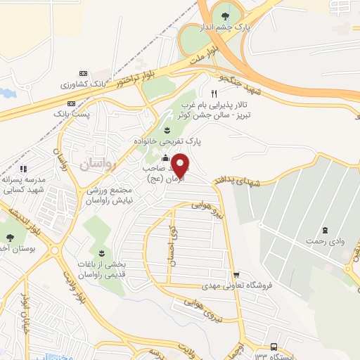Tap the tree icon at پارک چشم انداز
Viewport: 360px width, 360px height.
224,15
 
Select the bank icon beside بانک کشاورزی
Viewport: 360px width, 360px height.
84,74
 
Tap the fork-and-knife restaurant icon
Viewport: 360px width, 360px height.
214,93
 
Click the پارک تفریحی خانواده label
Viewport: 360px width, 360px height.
169,141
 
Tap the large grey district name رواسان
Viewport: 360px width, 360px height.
94,166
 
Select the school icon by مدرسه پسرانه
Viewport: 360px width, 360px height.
23,169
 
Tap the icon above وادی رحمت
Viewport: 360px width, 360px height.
324,230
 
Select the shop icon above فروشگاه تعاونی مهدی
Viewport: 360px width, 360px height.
237,275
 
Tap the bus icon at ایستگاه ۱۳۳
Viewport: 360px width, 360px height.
274,347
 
